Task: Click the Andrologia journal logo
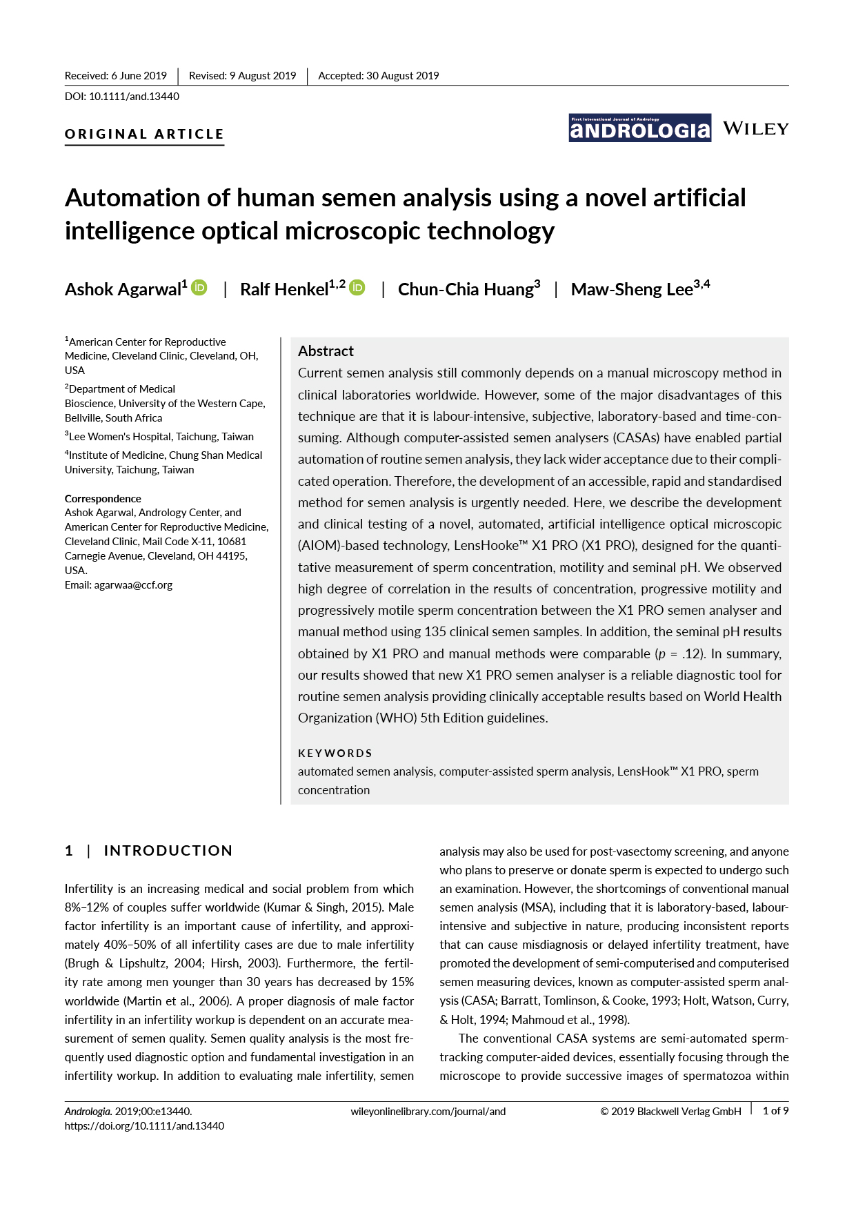click(639, 128)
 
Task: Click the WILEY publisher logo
click(755, 129)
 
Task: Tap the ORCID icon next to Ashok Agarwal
click(199, 288)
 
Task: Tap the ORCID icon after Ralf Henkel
click(357, 288)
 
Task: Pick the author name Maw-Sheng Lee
click(632, 289)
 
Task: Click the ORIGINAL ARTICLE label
click(144, 134)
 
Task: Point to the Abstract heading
click(326, 351)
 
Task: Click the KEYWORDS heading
click(335, 753)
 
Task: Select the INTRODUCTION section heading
click(168, 851)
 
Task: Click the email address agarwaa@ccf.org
click(133, 585)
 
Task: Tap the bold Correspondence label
click(103, 498)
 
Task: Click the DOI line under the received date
click(122, 97)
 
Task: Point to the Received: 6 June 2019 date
click(116, 76)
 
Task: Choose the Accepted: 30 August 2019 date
click(378, 76)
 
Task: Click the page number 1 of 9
click(775, 1111)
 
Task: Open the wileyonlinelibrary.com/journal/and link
click(428, 1112)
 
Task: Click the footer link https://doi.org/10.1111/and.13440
click(144, 1126)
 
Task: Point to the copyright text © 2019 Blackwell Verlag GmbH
click(670, 1112)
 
